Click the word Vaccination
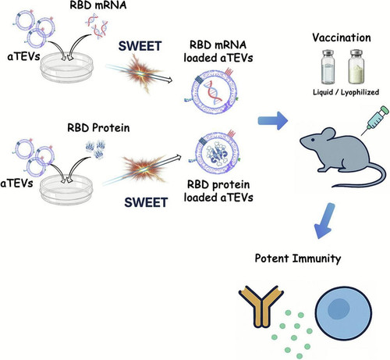pyautogui.click(x=342, y=37)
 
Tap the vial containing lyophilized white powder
pyautogui.click(x=356, y=67)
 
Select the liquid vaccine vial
pyautogui.click(x=328, y=67)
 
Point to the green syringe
pyautogui.click(x=375, y=120)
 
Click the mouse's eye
pyautogui.click(x=313, y=140)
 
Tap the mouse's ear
pyautogui.click(x=328, y=135)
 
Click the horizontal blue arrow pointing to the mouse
pyautogui.click(x=273, y=120)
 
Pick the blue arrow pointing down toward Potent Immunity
pyautogui.click(x=324, y=221)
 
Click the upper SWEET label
pyautogui.click(x=140, y=46)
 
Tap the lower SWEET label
pyautogui.click(x=146, y=202)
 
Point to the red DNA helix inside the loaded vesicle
pyautogui.click(x=214, y=92)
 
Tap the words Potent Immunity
pyautogui.click(x=298, y=258)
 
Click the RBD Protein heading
pyautogui.click(x=98, y=127)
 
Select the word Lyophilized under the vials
pyautogui.click(x=360, y=92)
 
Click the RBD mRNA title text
pyautogui.click(x=98, y=5)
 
